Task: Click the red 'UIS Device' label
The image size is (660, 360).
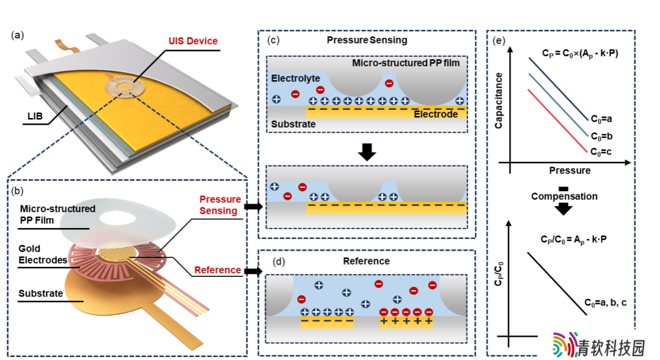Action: (x=193, y=42)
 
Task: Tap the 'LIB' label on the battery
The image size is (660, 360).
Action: (x=35, y=116)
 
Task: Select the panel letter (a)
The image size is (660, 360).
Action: (x=17, y=35)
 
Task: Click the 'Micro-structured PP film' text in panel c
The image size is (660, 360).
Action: (x=406, y=63)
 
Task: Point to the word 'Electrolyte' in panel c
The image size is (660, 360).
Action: (x=296, y=78)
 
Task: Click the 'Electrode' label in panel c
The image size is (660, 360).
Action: (x=436, y=114)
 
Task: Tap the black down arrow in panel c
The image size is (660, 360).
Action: (x=367, y=152)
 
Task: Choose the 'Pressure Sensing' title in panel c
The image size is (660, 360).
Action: (x=367, y=40)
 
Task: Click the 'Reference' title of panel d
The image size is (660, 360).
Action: (x=366, y=261)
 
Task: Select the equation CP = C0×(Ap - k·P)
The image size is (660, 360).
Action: (x=580, y=53)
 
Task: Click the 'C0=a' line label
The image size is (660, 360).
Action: (x=601, y=119)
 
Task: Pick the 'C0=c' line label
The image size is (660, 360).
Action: (x=601, y=152)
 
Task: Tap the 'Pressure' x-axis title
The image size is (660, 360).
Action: (x=570, y=171)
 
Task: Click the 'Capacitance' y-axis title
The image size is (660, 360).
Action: (x=499, y=101)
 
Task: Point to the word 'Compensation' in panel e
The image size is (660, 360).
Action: (x=564, y=196)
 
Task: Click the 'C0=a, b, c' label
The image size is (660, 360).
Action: (x=605, y=303)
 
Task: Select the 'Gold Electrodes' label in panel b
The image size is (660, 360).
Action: (x=43, y=254)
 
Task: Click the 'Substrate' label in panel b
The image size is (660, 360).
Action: (x=40, y=293)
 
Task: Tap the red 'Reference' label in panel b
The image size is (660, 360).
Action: (x=217, y=270)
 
